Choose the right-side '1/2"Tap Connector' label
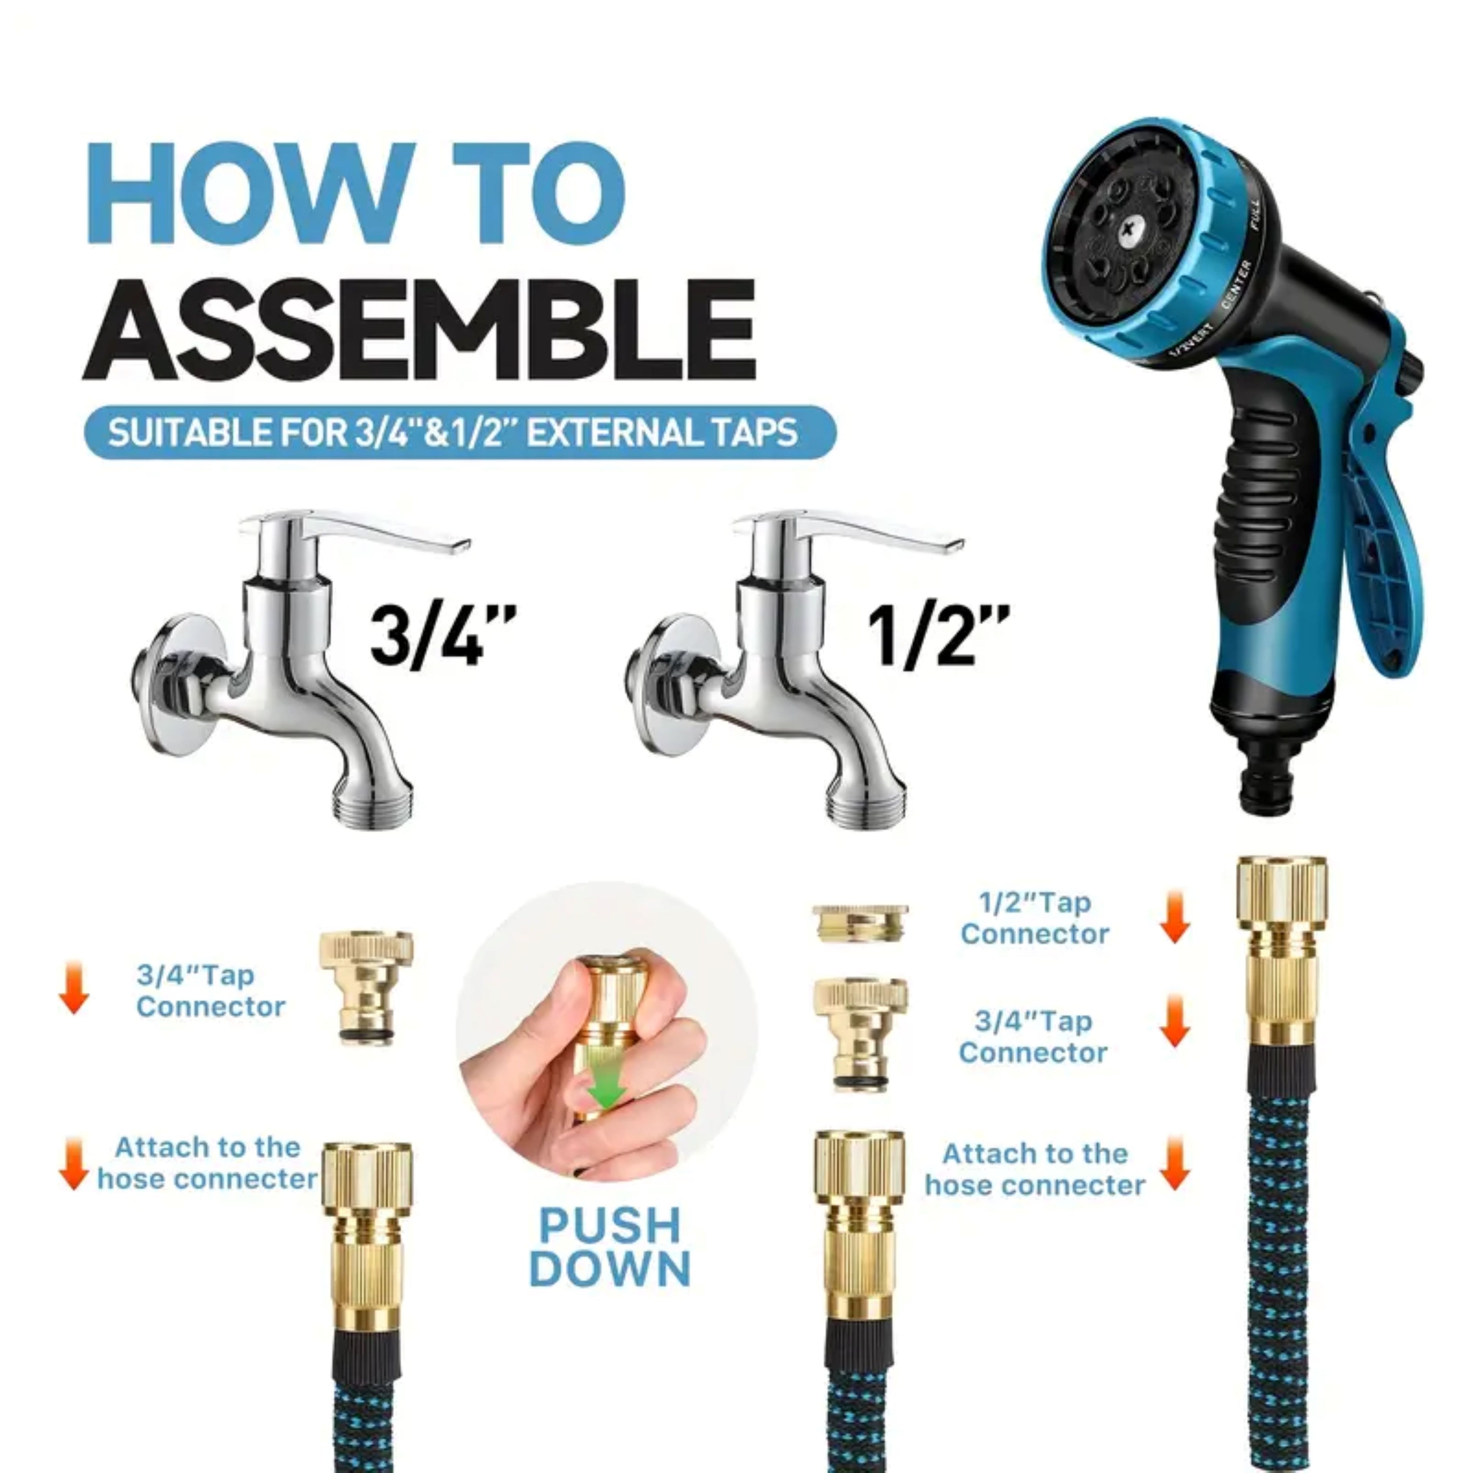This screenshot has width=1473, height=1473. (1035, 918)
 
